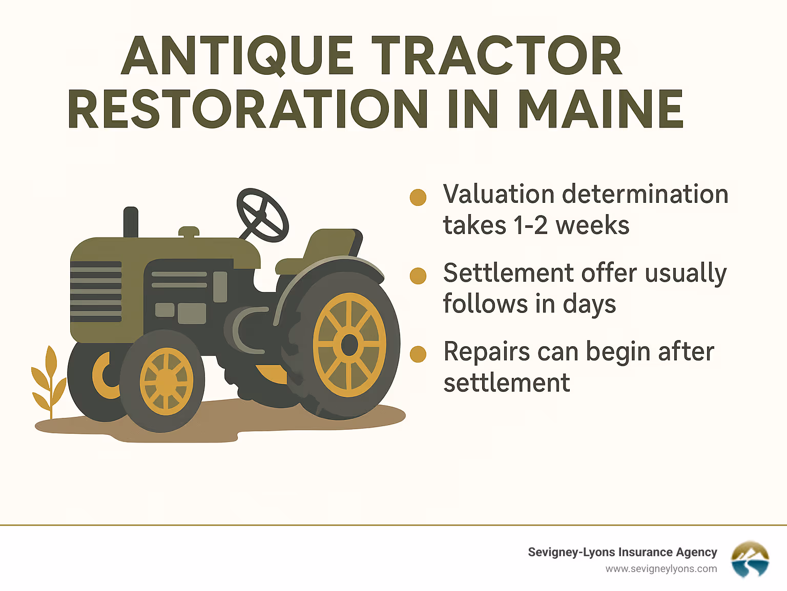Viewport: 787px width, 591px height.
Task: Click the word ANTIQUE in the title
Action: coord(237,56)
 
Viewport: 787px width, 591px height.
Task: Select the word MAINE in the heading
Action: coord(600,109)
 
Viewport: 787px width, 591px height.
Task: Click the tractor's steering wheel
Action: coord(262,215)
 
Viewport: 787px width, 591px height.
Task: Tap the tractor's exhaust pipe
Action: coord(131,222)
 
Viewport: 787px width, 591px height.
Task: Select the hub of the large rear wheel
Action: coord(349,345)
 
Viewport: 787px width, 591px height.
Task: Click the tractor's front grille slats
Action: coord(96,291)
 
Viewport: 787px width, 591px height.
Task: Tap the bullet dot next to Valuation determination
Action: coord(418,197)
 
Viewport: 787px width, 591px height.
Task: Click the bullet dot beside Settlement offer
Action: coord(418,276)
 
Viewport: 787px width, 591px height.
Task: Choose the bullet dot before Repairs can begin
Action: coord(418,354)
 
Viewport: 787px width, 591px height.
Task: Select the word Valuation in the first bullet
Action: coord(499,195)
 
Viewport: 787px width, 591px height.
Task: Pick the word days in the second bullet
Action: coord(589,305)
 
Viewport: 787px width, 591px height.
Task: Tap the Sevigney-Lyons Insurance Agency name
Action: coord(622,552)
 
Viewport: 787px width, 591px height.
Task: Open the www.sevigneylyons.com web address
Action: coord(661,569)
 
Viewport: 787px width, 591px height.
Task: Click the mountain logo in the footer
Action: coord(750,559)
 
